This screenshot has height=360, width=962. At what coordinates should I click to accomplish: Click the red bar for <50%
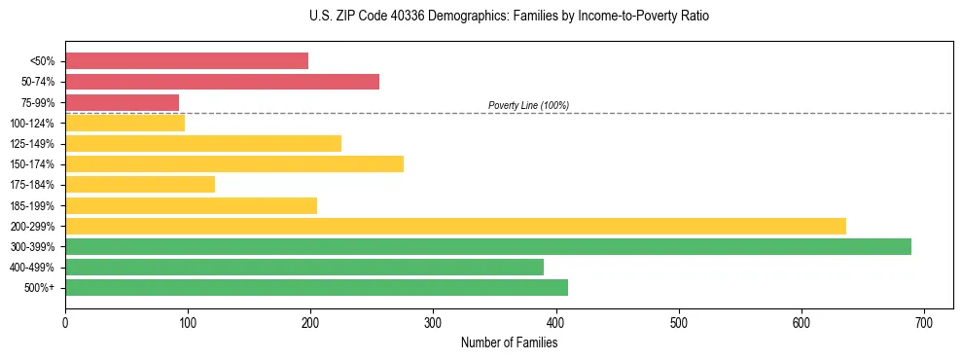click(x=187, y=61)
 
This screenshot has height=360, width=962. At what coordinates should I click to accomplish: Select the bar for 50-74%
click(x=222, y=82)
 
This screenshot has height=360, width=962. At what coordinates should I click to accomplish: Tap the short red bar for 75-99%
click(x=122, y=102)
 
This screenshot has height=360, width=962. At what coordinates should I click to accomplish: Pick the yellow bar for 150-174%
click(x=234, y=164)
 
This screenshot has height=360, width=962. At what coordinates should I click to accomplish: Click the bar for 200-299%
click(x=455, y=226)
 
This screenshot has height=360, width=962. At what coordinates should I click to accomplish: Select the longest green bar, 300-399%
click(x=488, y=246)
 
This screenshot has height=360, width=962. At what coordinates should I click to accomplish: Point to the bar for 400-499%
click(x=304, y=267)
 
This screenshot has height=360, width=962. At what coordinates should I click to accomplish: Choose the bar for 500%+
click(x=316, y=287)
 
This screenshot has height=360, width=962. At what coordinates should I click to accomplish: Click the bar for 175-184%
click(x=140, y=185)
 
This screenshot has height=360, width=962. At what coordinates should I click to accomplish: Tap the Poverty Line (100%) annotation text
click(x=528, y=105)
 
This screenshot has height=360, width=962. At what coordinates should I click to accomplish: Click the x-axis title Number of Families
click(x=509, y=342)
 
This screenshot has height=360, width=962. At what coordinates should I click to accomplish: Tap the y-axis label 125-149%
click(x=32, y=144)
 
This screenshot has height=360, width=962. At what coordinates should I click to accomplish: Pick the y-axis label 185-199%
click(x=32, y=205)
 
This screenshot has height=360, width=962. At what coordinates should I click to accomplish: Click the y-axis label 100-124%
click(x=32, y=124)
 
